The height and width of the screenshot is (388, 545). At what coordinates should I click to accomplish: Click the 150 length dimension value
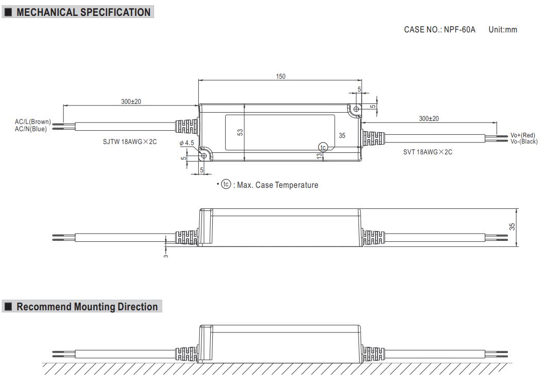[x=280, y=77]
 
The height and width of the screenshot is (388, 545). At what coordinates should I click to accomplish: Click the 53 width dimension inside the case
[x=240, y=132]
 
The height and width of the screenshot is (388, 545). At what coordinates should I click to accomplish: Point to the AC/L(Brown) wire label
[x=33, y=122]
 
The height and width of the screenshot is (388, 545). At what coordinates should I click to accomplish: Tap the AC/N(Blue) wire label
[x=31, y=129]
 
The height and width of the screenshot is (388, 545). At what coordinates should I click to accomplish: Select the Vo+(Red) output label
[x=523, y=135]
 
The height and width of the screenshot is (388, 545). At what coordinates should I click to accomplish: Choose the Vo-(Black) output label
[x=524, y=142]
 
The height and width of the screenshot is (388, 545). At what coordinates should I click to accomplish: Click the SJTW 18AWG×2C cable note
[x=129, y=142]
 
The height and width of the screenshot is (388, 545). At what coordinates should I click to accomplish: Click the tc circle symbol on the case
[x=323, y=148]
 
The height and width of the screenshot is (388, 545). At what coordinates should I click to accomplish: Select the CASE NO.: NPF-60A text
[x=439, y=30]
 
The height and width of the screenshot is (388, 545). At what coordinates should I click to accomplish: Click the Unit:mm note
[x=502, y=30]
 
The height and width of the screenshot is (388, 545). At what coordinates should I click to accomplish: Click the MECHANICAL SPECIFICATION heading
[x=83, y=12]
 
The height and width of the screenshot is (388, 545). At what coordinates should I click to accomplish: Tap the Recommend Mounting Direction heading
[x=87, y=307]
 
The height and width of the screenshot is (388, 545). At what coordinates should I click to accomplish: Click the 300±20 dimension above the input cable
[x=131, y=102]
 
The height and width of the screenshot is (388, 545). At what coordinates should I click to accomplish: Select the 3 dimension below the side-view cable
[x=166, y=255]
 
